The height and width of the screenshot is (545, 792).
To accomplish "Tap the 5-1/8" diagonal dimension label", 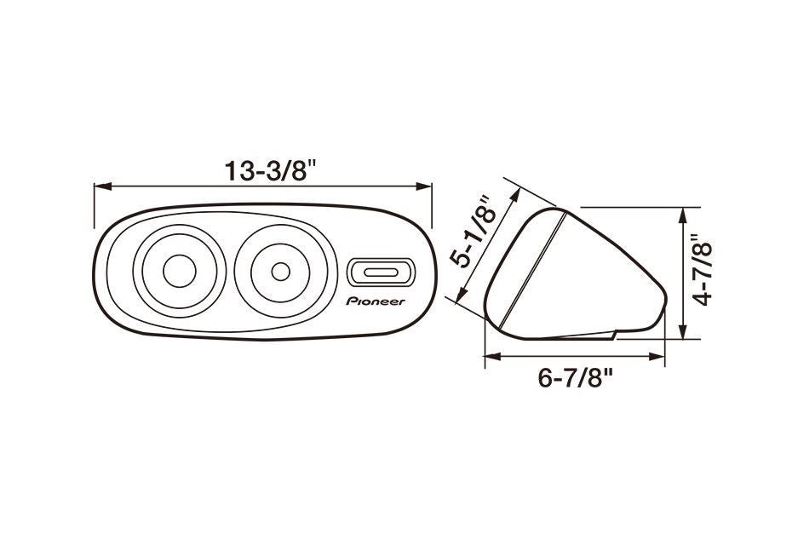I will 476,231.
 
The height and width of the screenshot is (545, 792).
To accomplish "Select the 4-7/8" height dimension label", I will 703,271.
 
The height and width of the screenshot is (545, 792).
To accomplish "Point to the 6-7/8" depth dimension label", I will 576,377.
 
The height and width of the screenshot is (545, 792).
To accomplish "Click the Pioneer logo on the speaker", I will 376,301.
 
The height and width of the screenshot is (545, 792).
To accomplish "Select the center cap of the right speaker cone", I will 280,272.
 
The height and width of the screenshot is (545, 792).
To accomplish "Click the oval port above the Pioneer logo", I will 382,272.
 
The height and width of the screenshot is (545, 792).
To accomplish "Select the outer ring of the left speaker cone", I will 142,272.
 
